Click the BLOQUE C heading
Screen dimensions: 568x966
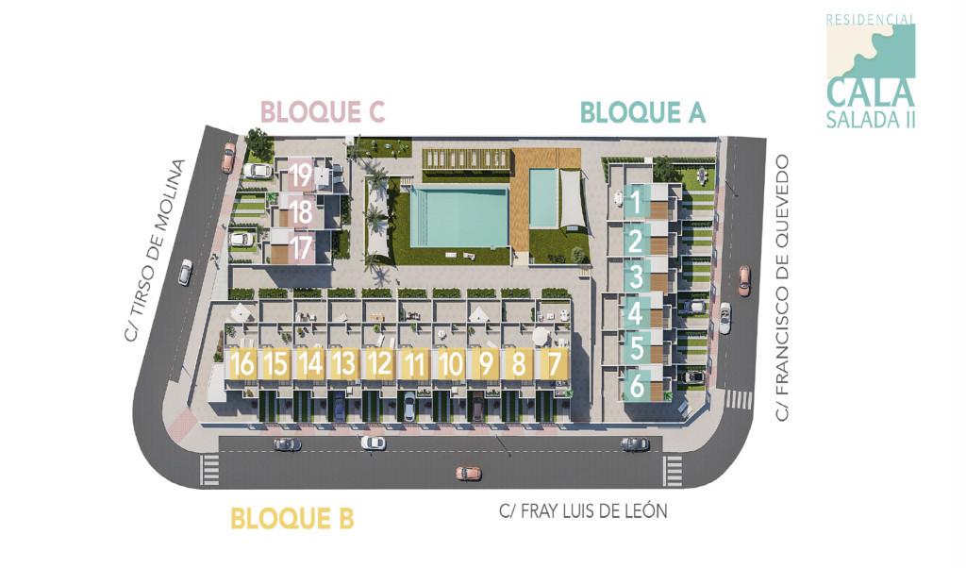click(x=323, y=112)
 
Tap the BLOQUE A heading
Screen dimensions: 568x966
click(x=642, y=113)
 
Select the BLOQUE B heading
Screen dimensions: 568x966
click(x=291, y=518)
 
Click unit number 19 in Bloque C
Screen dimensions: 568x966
click(x=301, y=175)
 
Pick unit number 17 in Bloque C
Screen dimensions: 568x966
click(x=301, y=248)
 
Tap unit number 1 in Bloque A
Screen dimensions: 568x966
click(x=636, y=201)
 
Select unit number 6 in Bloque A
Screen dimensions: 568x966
click(x=637, y=385)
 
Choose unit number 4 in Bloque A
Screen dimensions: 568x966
click(x=636, y=312)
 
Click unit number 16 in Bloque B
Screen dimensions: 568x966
click(x=242, y=363)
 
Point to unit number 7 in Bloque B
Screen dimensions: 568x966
click(x=554, y=363)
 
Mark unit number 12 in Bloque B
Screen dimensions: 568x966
click(x=379, y=363)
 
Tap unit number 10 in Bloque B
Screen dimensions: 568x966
click(x=450, y=363)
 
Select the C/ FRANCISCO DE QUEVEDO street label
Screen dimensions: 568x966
click(x=781, y=288)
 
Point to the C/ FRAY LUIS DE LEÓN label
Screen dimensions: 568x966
click(x=583, y=511)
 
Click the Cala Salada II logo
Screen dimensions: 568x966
click(x=871, y=71)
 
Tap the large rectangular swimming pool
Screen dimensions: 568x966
click(x=459, y=216)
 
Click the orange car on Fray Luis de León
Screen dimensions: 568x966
click(x=468, y=473)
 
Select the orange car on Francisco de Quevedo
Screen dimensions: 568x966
click(x=744, y=280)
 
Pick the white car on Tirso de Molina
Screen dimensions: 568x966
click(x=185, y=272)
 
